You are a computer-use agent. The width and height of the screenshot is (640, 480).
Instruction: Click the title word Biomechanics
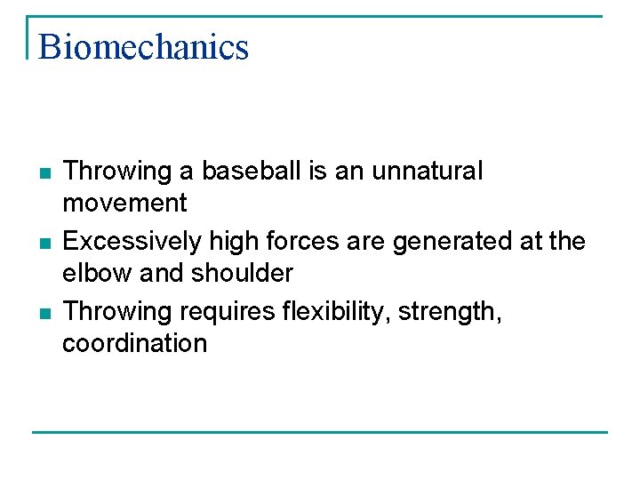[143, 47]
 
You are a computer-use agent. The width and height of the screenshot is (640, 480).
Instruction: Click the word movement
[124, 204]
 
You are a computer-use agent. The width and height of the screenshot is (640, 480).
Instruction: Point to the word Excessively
[132, 241]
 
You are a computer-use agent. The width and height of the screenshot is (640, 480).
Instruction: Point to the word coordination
[134, 344]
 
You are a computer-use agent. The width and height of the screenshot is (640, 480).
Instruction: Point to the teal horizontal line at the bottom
[320, 433]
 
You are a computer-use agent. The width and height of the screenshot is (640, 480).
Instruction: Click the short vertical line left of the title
[28, 37]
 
